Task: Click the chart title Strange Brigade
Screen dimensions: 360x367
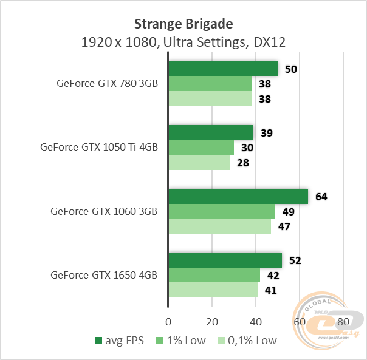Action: [183, 24]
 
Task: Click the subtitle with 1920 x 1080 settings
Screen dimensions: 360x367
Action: [183, 42]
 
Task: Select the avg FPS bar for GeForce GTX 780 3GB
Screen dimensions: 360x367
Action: [222, 69]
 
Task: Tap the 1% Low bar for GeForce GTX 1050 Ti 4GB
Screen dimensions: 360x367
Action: [201, 148]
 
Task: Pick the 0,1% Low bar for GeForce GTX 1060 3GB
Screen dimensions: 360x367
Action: [219, 226]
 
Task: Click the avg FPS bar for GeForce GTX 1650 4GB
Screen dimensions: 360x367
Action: [225, 260]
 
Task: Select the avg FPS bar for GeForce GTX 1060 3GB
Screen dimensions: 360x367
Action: [238, 196]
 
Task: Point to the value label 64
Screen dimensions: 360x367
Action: [321, 197]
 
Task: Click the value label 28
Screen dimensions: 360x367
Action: [244, 163]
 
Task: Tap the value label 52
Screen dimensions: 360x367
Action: [295, 260]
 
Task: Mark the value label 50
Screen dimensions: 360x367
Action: [291, 69]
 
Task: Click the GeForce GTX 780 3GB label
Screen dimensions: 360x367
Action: [106, 84]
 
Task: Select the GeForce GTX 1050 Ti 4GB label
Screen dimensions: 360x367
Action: [98, 147]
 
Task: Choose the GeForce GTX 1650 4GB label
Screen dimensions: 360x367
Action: [104, 275]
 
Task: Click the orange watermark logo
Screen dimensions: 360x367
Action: [331, 319]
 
